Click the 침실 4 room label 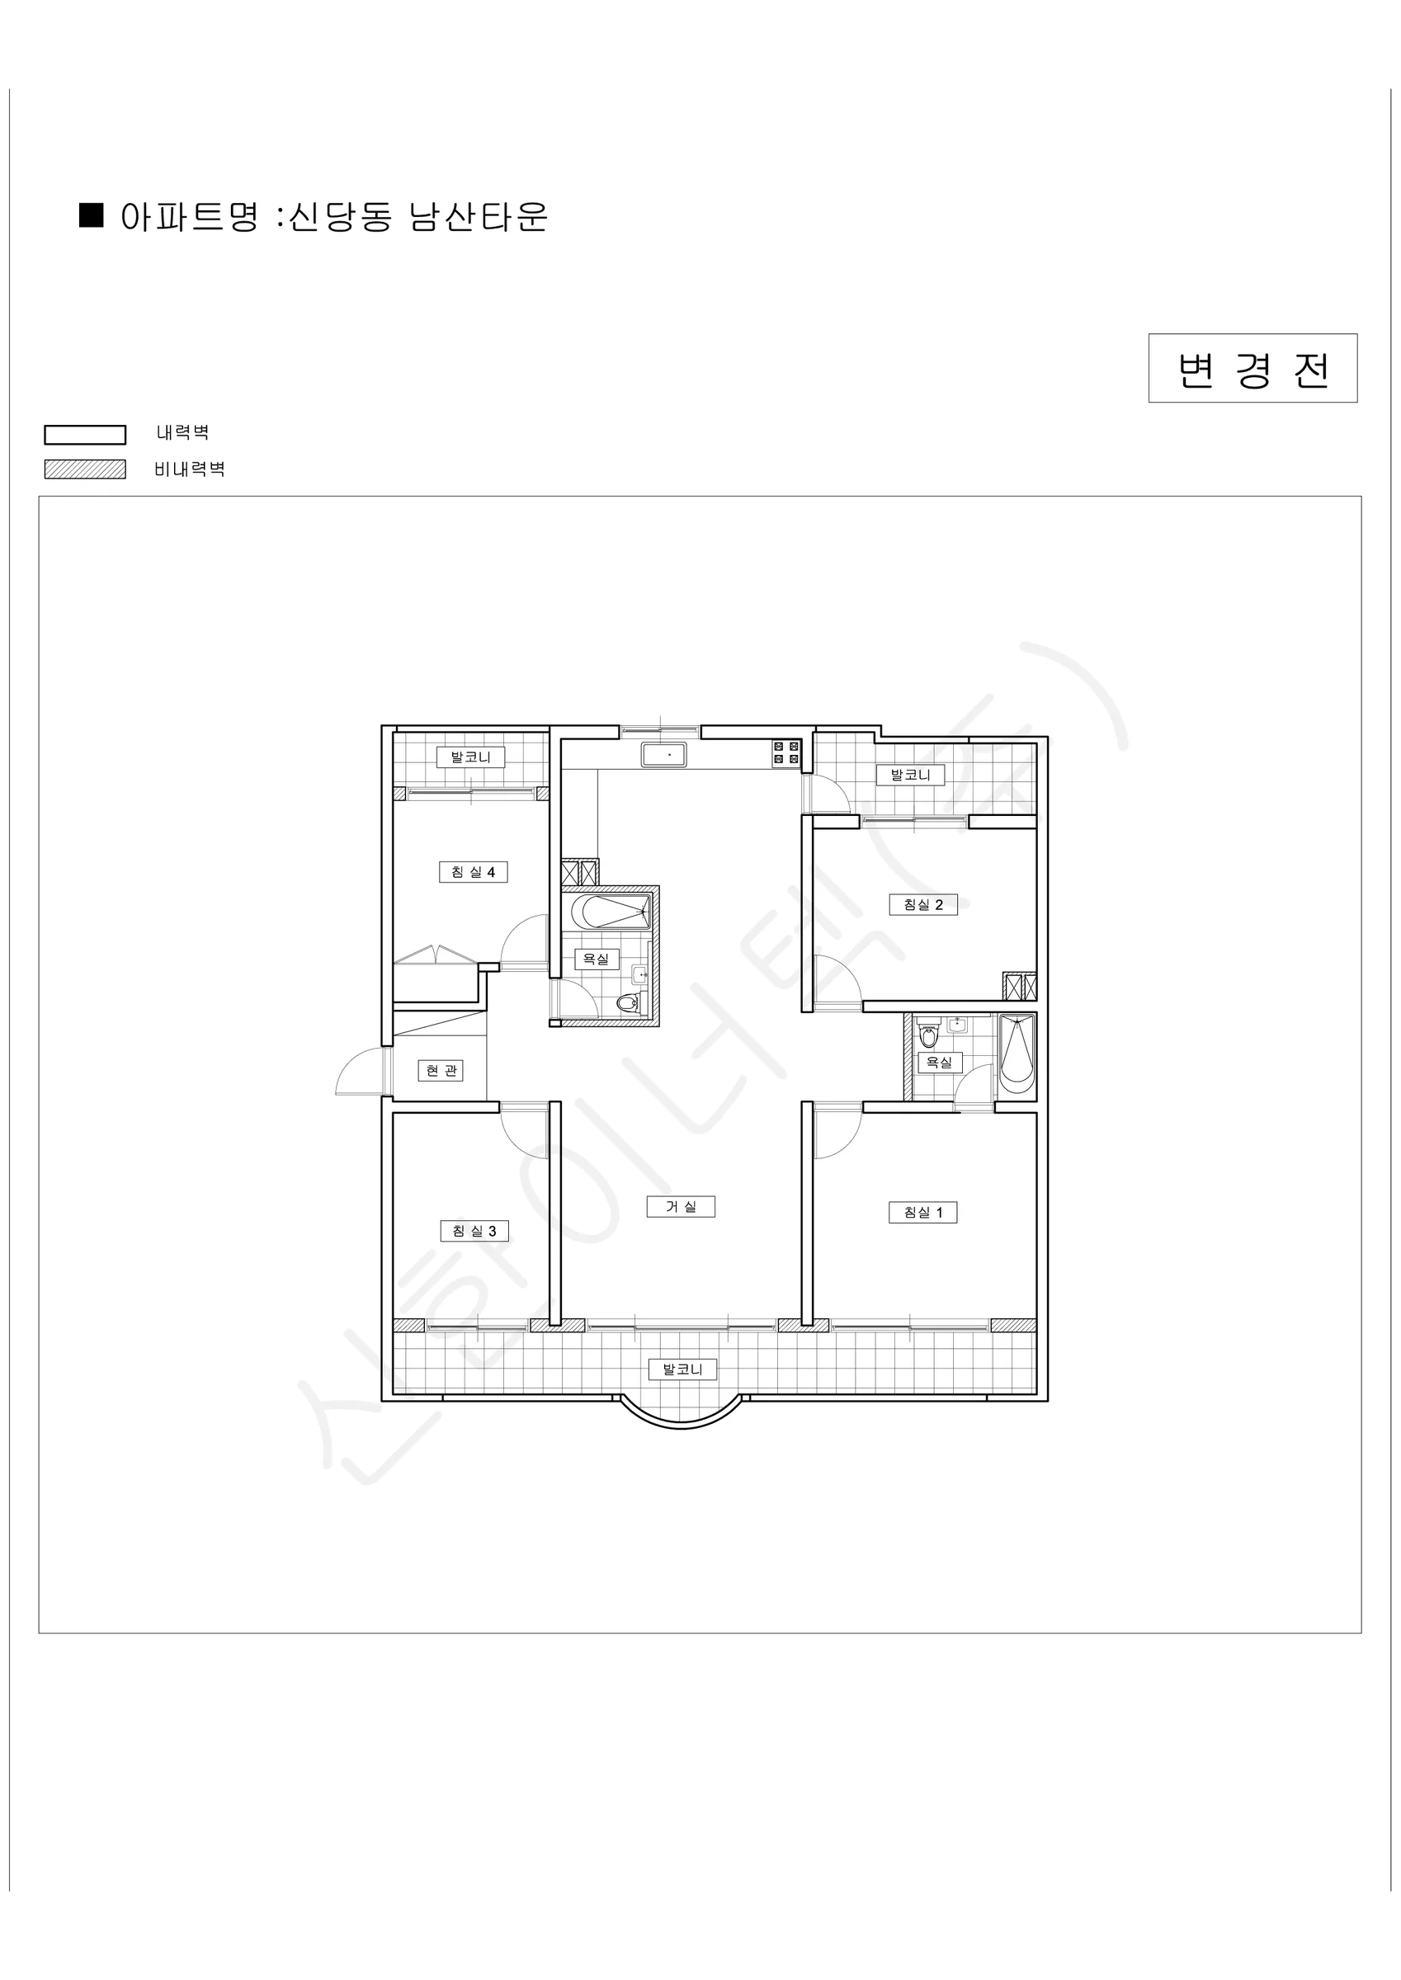(473, 872)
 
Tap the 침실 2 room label (923, 905)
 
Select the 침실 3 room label (474, 1231)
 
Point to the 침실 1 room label (923, 1213)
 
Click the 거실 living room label (681, 1206)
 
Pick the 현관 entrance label (441, 1070)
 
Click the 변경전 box (1252, 368)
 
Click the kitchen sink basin (664, 755)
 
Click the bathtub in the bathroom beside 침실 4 (610, 912)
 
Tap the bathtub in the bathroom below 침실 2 (1017, 1055)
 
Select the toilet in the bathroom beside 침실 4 (629, 1003)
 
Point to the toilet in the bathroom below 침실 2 (928, 1033)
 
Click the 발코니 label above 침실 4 (470, 757)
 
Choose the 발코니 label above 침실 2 (910, 775)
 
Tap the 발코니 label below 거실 (682, 1369)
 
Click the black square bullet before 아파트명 (91, 215)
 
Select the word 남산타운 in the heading (478, 216)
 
